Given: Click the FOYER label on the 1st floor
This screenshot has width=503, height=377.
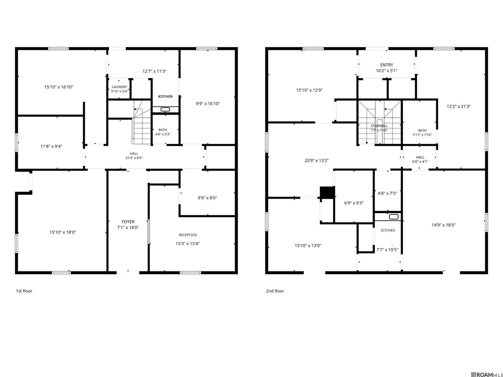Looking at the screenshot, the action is (128, 221).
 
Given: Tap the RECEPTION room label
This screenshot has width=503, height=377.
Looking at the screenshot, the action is (188, 235).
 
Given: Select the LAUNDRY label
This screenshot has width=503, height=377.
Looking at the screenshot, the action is (119, 87).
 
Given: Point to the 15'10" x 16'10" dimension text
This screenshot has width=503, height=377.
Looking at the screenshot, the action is (59, 87).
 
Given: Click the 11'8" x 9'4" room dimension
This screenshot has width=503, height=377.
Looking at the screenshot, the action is (51, 146).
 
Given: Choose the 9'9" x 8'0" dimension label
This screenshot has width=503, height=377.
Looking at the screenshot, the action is (207, 198).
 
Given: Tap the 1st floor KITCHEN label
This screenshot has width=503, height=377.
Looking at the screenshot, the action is (165, 96).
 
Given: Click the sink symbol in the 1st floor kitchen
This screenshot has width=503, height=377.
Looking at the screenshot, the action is (165, 110).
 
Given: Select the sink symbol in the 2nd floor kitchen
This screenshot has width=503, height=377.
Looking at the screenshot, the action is (394, 217).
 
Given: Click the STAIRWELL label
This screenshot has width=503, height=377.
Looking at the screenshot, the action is (379, 126).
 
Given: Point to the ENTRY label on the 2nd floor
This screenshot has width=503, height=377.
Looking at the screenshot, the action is (387, 65).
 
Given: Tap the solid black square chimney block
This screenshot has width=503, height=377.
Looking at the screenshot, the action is (327, 192).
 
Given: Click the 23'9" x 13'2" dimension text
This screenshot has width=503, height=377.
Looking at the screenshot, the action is (316, 161).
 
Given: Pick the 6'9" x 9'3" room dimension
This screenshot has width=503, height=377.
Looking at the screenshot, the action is (354, 203).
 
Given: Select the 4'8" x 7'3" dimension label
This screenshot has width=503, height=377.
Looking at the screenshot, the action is (387, 193).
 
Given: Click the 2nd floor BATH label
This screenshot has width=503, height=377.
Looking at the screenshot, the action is (422, 130).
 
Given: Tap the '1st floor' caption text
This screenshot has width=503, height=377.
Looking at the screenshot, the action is (24, 291).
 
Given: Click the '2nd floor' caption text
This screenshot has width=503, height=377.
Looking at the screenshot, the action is (275, 291).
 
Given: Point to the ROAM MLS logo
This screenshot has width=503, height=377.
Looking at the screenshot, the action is (487, 375).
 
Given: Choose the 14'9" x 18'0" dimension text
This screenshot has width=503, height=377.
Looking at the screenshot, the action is (443, 225).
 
